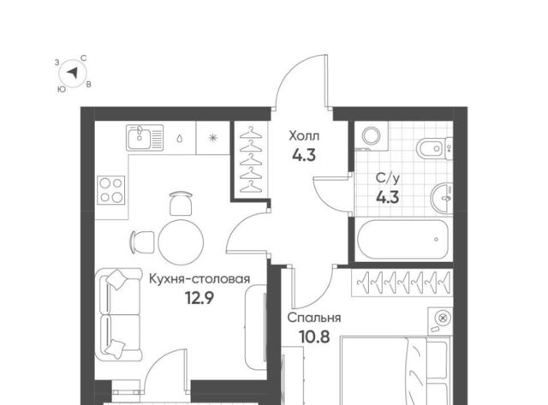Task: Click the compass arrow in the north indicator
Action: click(73, 73)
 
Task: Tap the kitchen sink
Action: click(145, 138)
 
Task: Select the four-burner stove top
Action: click(111, 190)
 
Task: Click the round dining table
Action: click(181, 241)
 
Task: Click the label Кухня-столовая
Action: click(200, 279)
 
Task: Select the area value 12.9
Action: click(200, 298)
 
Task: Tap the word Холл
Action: click(304, 135)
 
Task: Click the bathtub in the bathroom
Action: click(402, 240)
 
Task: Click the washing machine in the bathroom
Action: click(372, 136)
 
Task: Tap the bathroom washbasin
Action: click(442, 198)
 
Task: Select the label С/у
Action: click(388, 178)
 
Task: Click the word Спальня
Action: click(314, 318)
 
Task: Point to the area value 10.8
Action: click(314, 337)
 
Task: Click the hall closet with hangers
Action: click(251, 159)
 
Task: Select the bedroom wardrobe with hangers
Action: click(402, 283)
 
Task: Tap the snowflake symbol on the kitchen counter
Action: click(212, 138)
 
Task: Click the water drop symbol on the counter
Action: click(180, 139)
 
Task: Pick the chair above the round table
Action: click(181, 203)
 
